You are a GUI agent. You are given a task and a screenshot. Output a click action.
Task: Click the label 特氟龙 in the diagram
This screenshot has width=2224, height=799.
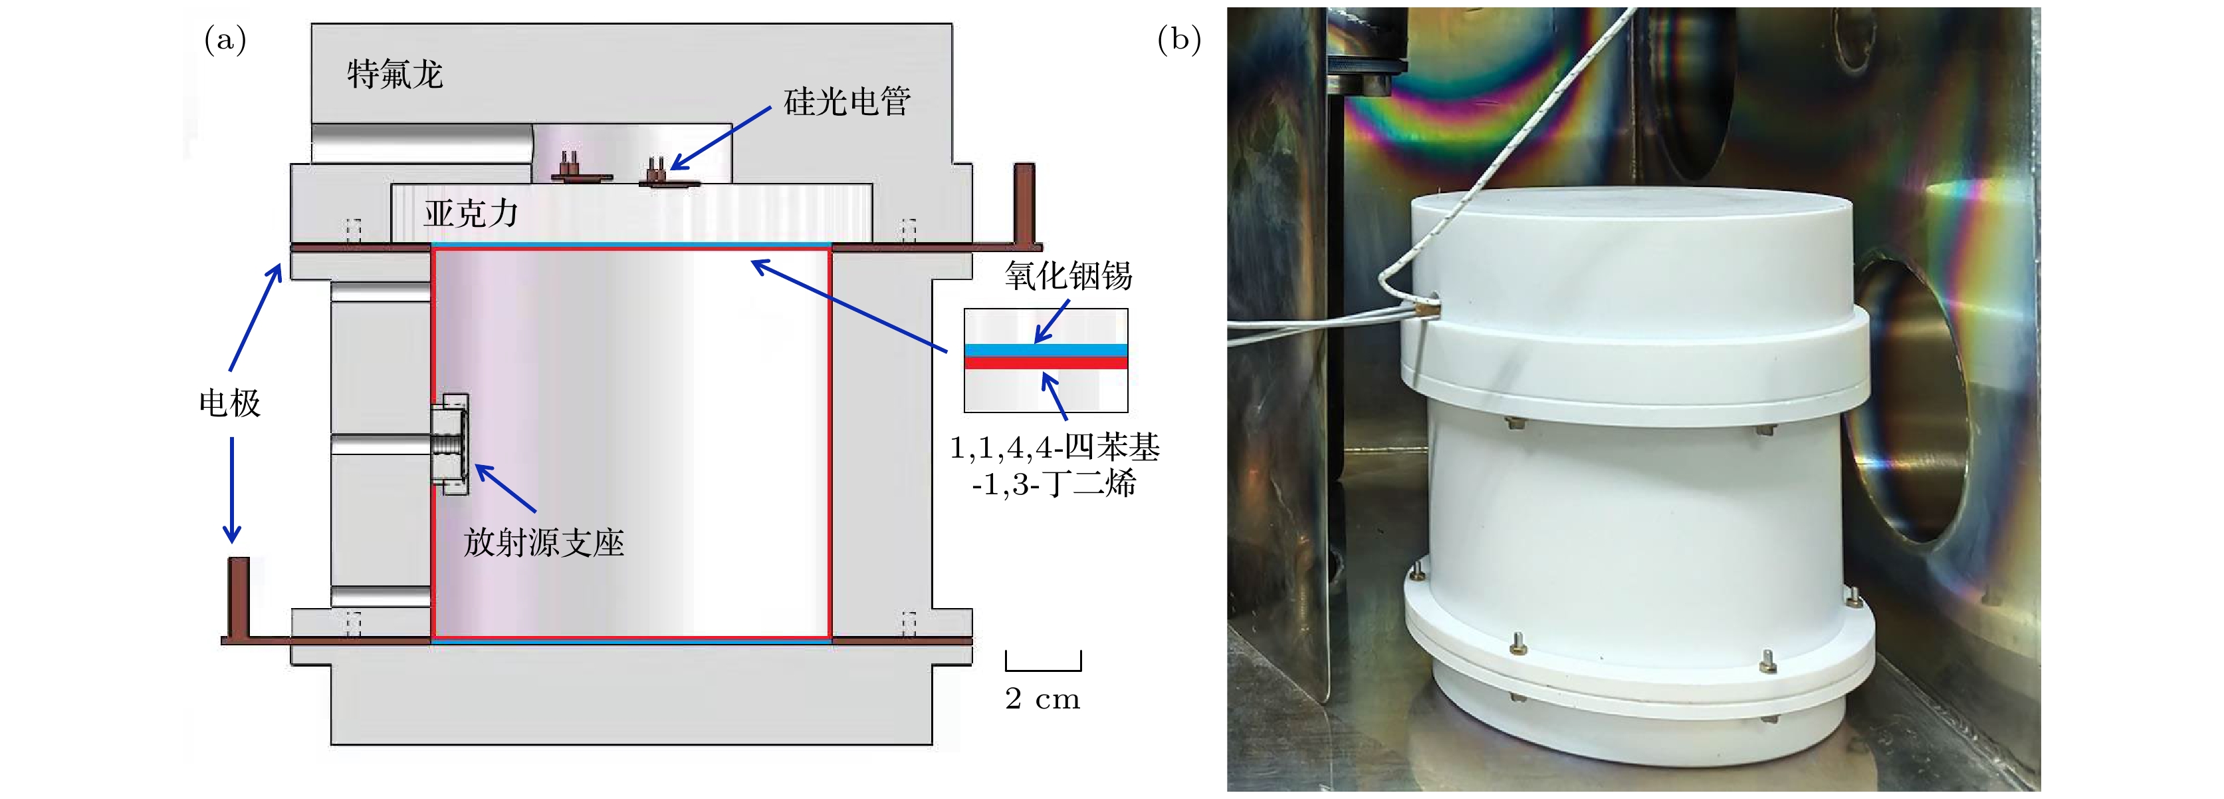[395, 75]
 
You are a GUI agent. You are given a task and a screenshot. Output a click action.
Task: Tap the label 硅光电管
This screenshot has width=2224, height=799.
[847, 102]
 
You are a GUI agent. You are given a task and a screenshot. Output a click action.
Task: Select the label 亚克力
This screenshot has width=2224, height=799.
[471, 212]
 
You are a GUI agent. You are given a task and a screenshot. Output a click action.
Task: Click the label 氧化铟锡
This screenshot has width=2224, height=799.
[1068, 275]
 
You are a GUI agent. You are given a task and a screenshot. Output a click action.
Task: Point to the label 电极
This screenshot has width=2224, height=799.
[230, 402]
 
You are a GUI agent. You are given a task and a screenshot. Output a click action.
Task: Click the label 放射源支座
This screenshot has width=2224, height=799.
[543, 542]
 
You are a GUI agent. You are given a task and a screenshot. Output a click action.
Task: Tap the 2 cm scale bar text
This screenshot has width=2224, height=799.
[1042, 698]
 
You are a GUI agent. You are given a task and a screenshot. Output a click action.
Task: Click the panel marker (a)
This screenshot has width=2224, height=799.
[225, 40]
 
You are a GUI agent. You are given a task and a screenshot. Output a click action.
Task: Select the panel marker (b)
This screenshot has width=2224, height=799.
[1178, 40]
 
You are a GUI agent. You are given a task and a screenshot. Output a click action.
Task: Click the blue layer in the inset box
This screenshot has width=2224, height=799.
[1046, 350]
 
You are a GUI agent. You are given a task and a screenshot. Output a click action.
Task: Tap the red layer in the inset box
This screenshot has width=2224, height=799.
[1046, 363]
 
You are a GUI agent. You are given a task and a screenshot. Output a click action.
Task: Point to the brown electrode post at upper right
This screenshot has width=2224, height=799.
[1024, 203]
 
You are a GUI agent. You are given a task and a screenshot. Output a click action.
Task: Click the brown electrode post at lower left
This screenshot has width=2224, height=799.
[238, 596]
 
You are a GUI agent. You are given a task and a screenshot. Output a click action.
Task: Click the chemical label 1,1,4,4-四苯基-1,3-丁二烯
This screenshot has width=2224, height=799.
[1054, 465]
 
